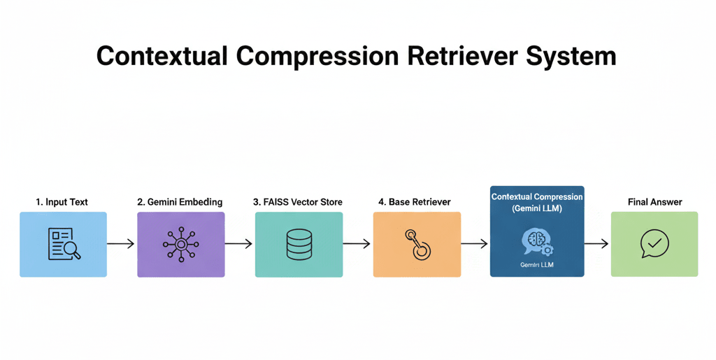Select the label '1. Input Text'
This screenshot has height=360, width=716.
click(62, 202)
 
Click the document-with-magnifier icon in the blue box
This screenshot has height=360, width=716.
click(64, 244)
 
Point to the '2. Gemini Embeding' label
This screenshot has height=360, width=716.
click(180, 202)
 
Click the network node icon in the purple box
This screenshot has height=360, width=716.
click(180, 244)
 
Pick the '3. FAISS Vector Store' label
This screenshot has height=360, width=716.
click(298, 202)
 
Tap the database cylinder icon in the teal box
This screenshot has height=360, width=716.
click(299, 244)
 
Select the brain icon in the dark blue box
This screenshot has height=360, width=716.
click(536, 240)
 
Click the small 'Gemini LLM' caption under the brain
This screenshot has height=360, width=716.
click(536, 266)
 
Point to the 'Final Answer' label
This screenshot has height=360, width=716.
click(654, 202)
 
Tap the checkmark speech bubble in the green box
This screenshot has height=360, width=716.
click(654, 244)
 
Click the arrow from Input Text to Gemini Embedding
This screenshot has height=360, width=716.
click(121, 244)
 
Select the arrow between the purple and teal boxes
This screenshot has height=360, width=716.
click(239, 244)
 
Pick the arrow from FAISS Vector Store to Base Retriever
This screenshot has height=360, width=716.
click(357, 244)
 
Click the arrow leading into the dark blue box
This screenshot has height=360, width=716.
click(475, 244)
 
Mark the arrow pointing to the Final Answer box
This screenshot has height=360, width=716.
click(597, 244)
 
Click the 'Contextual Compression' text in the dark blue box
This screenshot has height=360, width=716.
click(537, 197)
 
